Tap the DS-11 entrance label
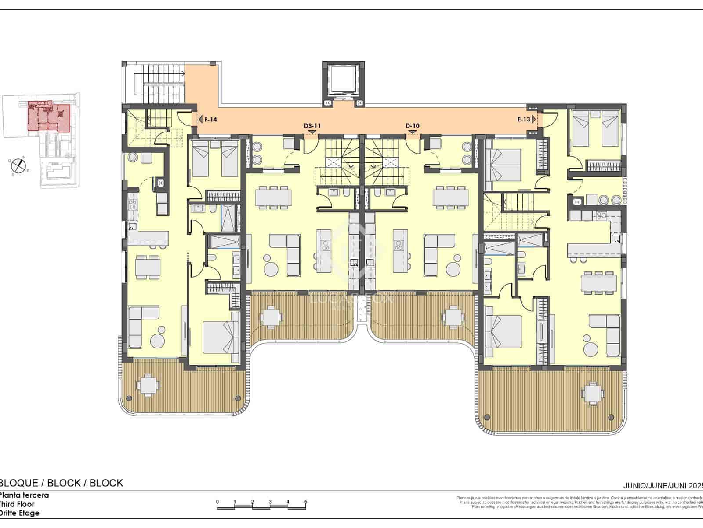[x=312, y=126]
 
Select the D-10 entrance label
[x=412, y=126]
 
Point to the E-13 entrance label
[x=524, y=119]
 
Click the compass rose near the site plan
[x=17, y=165]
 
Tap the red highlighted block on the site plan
[x=48, y=116]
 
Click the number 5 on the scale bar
[x=306, y=502]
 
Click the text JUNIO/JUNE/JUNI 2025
[x=663, y=486]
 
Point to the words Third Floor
[x=18, y=504]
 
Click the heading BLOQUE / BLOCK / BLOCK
[x=62, y=483]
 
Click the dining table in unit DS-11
[x=273, y=197]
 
